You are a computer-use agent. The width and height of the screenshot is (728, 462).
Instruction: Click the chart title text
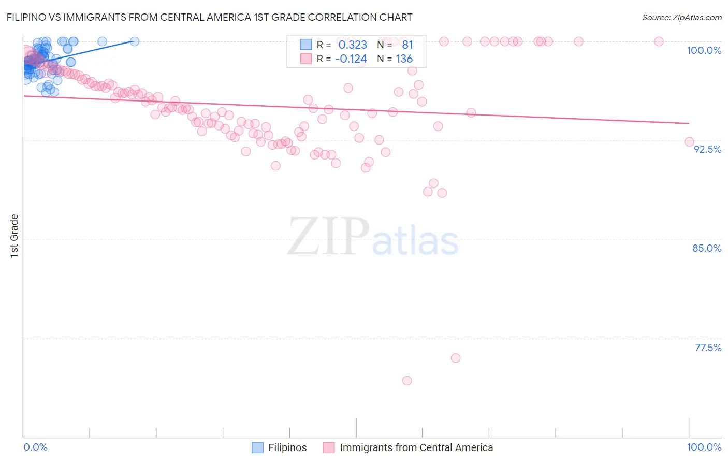[209, 17]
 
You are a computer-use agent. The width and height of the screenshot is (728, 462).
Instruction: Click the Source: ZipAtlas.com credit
[681, 17]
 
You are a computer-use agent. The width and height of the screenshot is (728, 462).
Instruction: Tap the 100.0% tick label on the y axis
[704, 50]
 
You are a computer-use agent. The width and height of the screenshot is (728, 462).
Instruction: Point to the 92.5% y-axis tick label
[707, 149]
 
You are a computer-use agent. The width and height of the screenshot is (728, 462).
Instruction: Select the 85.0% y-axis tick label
[707, 248]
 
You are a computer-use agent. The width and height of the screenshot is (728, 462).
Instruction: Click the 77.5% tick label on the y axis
[708, 348]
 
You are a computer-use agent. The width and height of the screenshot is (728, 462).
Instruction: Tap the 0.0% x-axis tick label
[35, 447]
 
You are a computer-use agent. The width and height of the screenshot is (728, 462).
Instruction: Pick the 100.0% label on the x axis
[704, 447]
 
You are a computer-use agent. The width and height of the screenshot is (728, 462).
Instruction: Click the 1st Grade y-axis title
[14, 236]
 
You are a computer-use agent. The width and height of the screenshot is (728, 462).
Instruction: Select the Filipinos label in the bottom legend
[287, 447]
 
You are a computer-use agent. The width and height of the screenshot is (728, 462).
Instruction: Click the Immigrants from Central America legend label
[416, 447]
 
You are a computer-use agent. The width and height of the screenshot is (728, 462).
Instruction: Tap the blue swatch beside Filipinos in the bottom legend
[257, 447]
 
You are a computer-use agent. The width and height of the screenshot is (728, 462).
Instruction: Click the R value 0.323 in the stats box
[353, 45]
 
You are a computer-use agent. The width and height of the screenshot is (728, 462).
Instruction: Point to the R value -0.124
[351, 59]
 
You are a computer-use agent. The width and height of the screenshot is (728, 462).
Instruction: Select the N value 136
[404, 59]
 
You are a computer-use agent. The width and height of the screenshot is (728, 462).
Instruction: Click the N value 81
[407, 45]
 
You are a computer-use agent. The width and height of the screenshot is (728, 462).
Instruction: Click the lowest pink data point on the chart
[407, 381]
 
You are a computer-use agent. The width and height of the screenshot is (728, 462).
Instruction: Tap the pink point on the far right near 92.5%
[689, 142]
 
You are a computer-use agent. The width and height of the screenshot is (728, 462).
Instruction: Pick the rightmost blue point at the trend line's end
[135, 41]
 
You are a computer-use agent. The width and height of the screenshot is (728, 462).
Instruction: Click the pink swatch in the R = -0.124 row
[306, 59]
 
